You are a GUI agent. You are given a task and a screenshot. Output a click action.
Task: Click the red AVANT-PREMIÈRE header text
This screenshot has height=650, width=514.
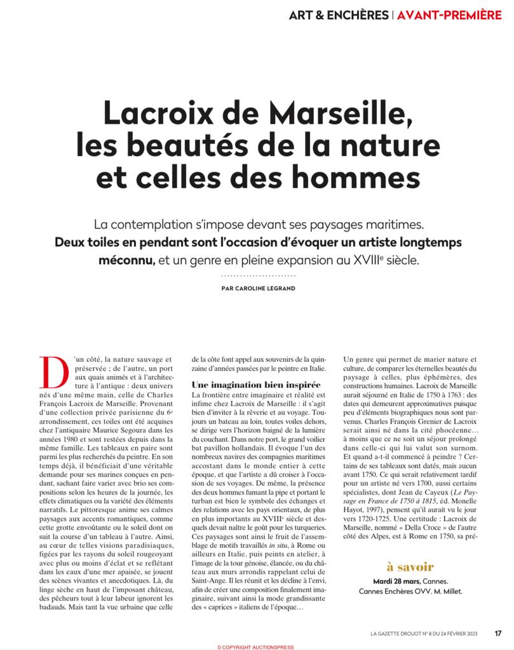(x=449, y=14)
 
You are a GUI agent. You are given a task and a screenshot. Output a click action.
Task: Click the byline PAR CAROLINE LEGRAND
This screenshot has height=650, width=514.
(x=257, y=288)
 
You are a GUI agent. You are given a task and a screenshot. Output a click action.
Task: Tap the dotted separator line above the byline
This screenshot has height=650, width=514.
(x=257, y=275)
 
